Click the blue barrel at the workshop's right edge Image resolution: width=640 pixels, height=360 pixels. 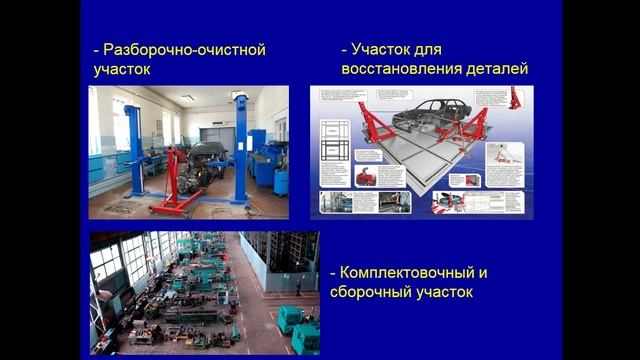[281, 181]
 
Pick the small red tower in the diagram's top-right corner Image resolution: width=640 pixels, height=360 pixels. [515, 99]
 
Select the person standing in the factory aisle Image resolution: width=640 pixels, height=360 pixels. [297, 286]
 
